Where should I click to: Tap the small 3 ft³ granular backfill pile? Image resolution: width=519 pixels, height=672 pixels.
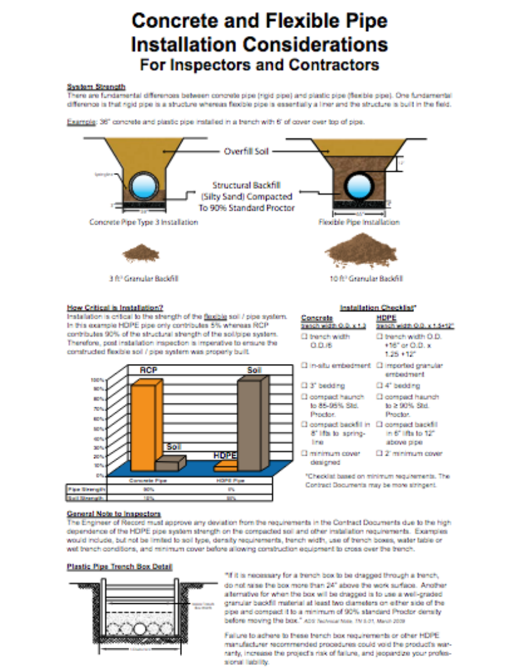click(x=141, y=254)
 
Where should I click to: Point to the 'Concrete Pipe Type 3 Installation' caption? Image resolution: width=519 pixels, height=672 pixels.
click(x=143, y=222)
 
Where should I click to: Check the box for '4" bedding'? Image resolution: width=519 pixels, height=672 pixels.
click(x=379, y=386)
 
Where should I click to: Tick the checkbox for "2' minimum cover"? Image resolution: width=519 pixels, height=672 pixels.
click(x=379, y=454)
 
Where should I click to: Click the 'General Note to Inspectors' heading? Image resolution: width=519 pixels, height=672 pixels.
click(x=114, y=513)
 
